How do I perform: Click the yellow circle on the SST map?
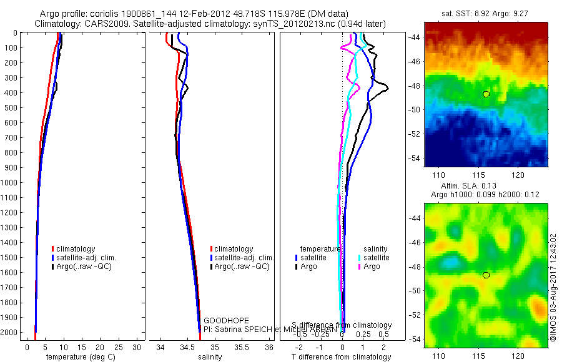pyautogui.click(x=486, y=94)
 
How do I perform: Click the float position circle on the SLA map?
pyautogui.click(x=486, y=275)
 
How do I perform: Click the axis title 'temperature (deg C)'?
pyautogui.click(x=79, y=357)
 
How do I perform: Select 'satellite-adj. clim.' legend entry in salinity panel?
pyautogui.click(x=244, y=258)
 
